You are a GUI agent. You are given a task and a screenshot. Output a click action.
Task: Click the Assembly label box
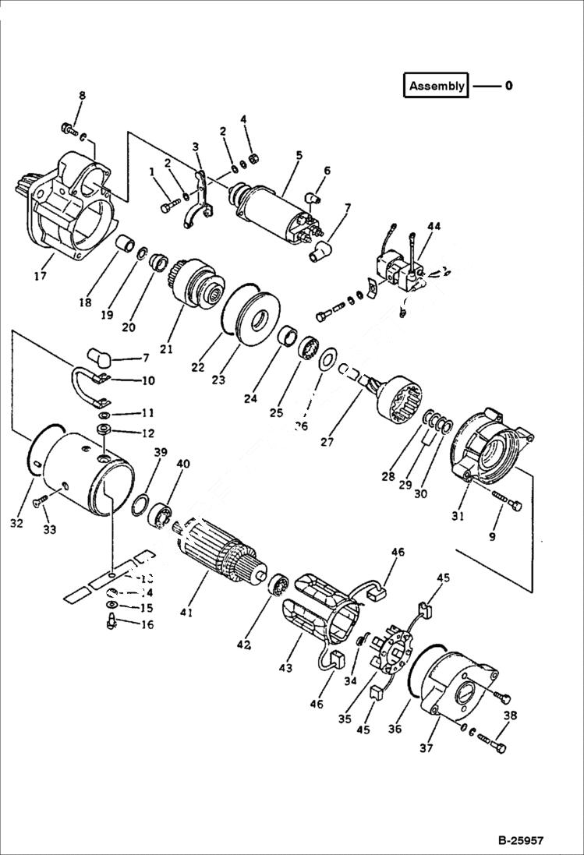[436, 85]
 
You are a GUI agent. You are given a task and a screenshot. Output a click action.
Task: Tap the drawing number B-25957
[520, 841]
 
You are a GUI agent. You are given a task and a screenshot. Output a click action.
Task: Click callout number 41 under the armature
[186, 613]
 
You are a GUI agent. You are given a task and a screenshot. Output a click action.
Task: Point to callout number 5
[299, 155]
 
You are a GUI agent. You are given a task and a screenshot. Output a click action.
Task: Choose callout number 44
[434, 226]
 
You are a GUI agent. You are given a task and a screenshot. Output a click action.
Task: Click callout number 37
[425, 749]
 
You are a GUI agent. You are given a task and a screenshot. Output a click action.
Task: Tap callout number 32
[17, 524]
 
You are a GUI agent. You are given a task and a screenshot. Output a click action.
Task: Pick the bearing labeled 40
[163, 513]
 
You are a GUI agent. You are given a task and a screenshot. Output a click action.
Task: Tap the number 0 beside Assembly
[508, 85]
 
